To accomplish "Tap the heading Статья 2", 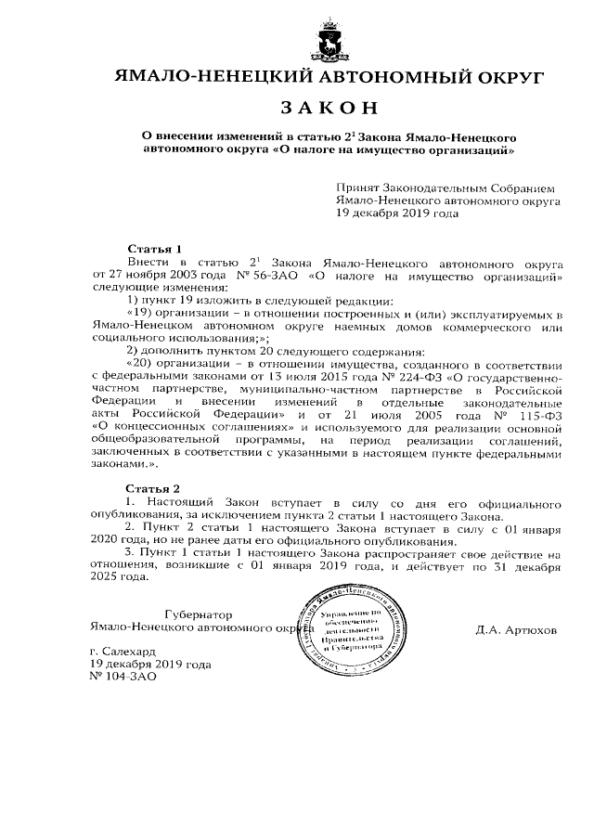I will pyautogui.click(x=153, y=487).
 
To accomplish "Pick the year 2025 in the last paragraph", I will pyautogui.click(x=106, y=576).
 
